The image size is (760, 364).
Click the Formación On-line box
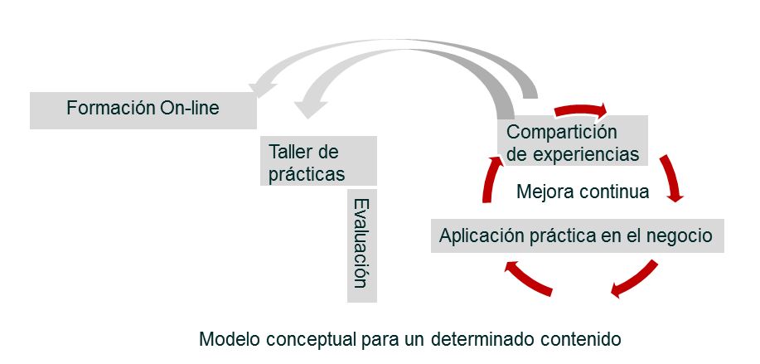[143, 109]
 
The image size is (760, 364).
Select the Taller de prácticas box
[318, 162]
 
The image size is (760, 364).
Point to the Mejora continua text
[582, 192]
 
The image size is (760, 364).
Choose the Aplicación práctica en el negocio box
[575, 235]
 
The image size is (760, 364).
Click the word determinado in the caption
[476, 339]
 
